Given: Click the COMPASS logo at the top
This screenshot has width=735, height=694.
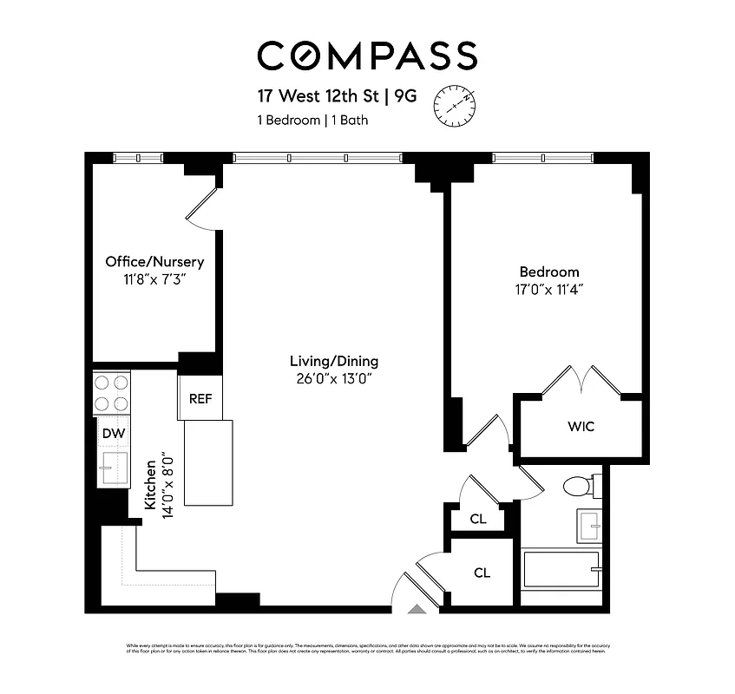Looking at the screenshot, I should tap(367, 56).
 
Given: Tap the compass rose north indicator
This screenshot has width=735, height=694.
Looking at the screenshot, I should tap(455, 104).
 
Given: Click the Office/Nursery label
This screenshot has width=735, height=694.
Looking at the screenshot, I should tap(154, 261).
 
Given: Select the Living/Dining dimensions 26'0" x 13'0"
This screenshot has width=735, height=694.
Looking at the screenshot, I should tap(334, 379).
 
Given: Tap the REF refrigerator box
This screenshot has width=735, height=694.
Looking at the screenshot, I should tap(200, 400).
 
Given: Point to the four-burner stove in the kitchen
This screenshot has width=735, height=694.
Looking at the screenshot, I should tap(112, 392).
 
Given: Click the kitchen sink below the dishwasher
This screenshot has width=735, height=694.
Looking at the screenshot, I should tap(112, 468).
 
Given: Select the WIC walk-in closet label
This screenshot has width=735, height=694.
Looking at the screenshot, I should tap(581, 427).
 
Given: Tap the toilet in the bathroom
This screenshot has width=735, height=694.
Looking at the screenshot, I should tap(579, 486).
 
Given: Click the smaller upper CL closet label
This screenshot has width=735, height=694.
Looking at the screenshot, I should tap(477, 519).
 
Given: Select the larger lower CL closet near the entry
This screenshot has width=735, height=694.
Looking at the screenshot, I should tap(482, 573).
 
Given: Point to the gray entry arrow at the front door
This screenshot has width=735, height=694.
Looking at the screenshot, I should tap(417, 610).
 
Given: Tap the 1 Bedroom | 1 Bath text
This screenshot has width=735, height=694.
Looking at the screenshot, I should tap(312, 121).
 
